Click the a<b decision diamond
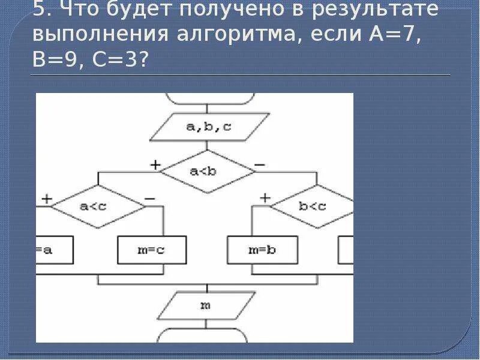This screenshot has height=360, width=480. tap(208, 171)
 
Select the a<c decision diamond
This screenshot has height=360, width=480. tap(98, 206)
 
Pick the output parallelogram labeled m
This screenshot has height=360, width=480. tap(206, 305)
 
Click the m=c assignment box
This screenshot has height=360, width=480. tap(151, 250)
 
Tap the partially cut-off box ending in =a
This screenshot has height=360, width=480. tap(55, 250)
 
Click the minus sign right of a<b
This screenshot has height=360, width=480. tap(260, 164)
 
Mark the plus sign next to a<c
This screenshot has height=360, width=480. tap(46, 199)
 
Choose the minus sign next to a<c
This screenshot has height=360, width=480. tap(149, 199)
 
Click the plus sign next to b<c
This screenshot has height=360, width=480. tap(265, 198)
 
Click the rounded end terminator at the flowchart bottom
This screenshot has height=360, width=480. tap(206, 335)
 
